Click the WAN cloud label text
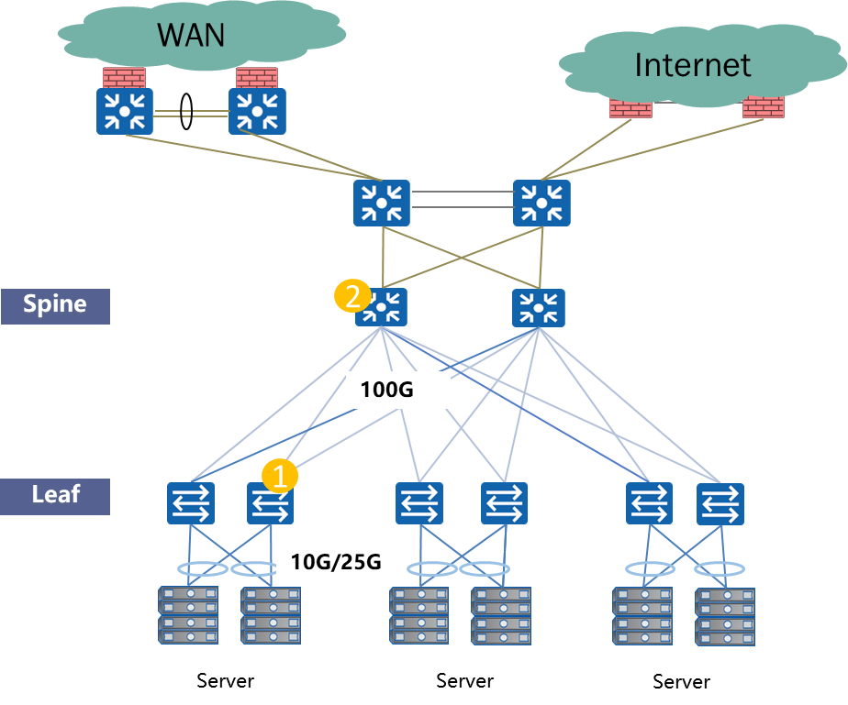click(191, 34)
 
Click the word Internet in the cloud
click(692, 65)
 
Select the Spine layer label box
click(55, 305)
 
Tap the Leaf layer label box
click(55, 495)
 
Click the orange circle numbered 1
click(280, 476)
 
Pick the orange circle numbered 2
click(351, 296)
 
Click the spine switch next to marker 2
click(382, 308)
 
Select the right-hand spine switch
click(538, 308)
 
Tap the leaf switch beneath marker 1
click(270, 504)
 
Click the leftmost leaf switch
click(190, 504)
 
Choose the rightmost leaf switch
click(720, 504)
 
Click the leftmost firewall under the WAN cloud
click(124, 77)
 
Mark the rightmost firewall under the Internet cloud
click(764, 107)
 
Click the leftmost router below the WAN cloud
click(124, 111)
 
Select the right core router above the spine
click(541, 203)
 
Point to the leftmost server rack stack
click(188, 614)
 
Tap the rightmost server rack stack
click(725, 617)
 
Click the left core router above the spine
click(382, 203)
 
